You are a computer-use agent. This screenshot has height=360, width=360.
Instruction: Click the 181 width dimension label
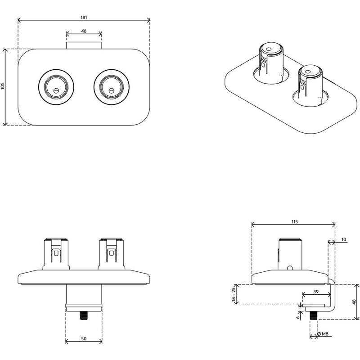[84, 17]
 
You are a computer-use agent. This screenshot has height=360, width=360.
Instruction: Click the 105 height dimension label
[3, 87]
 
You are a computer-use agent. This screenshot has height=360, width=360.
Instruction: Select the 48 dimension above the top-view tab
[84, 31]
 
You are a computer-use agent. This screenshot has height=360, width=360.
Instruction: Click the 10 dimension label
[343, 240]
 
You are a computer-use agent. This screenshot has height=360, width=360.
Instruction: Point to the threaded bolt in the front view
[83, 316]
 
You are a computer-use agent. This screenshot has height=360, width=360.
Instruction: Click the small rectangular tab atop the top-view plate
[84, 45]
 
